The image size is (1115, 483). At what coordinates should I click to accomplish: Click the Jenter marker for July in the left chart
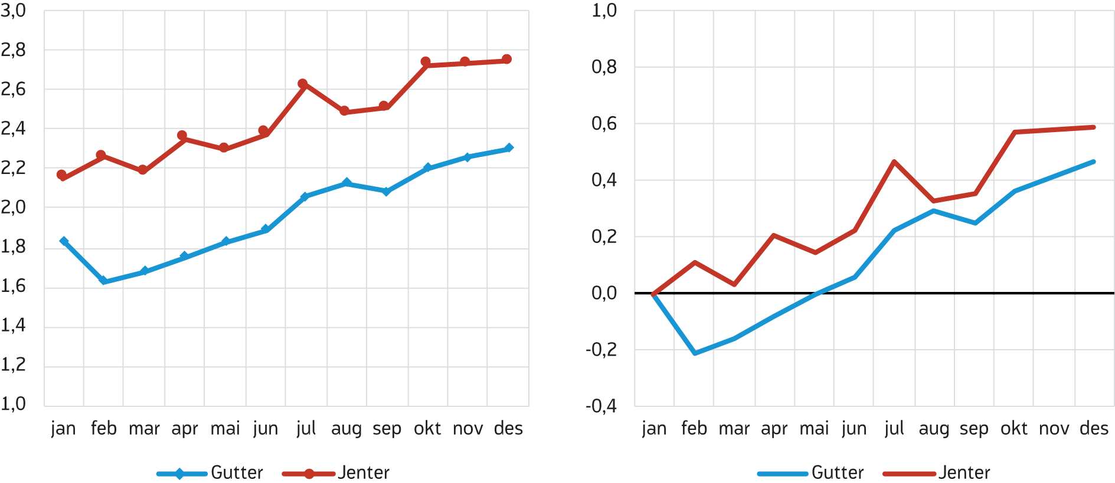303,84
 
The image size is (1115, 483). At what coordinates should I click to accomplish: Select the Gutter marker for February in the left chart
103,281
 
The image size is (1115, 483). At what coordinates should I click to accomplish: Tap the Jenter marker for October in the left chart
426,62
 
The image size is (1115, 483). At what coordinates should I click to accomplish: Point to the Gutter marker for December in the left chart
509,147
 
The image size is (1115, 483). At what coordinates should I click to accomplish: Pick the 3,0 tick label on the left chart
14,11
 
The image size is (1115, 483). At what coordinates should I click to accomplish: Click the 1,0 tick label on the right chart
604,11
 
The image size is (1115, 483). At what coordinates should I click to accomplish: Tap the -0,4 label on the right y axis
601,406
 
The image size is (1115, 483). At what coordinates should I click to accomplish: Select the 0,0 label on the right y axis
604,293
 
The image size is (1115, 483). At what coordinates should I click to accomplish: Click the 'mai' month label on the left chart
225,428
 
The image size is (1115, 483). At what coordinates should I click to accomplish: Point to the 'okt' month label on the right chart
1013,428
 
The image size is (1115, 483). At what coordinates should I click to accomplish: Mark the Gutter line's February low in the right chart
695,353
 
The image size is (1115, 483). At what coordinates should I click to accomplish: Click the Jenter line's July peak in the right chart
894,162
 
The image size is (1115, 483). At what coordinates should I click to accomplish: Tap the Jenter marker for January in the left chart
61,175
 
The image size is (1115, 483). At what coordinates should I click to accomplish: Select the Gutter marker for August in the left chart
346,183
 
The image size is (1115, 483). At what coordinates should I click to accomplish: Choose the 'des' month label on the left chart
508,428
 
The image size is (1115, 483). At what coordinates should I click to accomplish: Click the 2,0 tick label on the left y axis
14,207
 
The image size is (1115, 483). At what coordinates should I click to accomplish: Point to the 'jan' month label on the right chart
654,428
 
